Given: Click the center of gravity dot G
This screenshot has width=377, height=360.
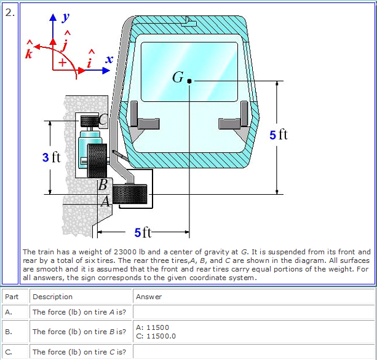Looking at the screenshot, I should (189, 80).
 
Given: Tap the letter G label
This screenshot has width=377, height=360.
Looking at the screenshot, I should (178, 77).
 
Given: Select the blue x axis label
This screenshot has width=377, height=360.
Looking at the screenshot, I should (109, 59).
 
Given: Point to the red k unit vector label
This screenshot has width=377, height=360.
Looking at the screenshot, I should (27, 52).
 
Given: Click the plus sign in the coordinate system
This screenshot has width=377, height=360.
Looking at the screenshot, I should (62, 63).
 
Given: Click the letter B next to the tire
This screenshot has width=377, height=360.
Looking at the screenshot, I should (103, 184).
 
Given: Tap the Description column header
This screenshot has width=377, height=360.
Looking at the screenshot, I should (52, 297).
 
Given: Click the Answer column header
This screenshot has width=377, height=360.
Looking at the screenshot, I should (149, 297).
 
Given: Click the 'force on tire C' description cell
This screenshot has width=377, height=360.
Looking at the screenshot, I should (79, 352).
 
